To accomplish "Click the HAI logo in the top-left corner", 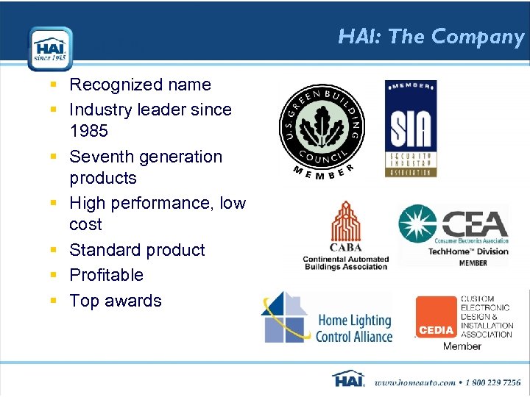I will pos(50,49).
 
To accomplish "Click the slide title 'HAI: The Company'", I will pos(431,37).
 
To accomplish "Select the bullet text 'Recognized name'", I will pos(140,85).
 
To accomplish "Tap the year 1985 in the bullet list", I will pos(88,131).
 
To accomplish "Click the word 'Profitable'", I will pos(107,275).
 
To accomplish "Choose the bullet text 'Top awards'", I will pos(116,301).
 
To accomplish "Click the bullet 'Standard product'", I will pos(137,250).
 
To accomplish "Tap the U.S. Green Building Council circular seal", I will pos(322,126).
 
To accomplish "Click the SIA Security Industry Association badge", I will pos(411,129).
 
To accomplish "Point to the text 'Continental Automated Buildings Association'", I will pos(345,262).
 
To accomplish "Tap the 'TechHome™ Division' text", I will pos(469,251).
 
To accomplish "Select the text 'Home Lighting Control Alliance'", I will pos(354,329).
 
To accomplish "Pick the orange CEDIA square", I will pos(436,318).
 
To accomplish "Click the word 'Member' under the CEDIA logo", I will pos(462,346).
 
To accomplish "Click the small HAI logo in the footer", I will pos(349,379).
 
